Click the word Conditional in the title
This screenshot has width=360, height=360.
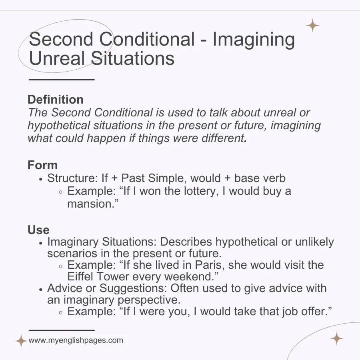[147, 39]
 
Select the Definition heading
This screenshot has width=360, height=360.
[56, 100]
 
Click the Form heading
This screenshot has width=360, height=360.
[42, 165]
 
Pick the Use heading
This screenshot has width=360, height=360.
[38, 230]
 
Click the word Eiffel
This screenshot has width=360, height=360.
[82, 276]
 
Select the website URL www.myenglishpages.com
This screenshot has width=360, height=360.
[76, 341]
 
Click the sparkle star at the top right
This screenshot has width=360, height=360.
[312, 25]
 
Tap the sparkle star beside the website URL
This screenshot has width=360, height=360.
[21, 341]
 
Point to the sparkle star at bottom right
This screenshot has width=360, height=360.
[336, 338]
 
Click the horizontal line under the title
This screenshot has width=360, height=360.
[62, 80]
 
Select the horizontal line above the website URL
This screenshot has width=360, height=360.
[62, 330]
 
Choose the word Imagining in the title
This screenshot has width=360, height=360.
[254, 39]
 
